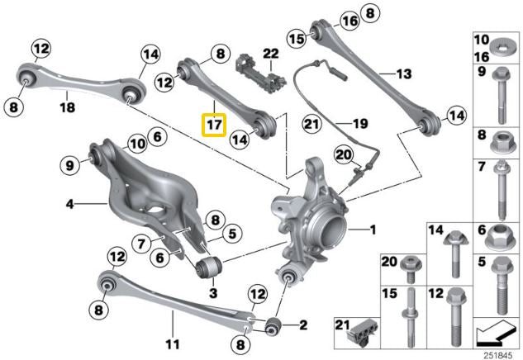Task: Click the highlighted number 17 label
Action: point(214,126)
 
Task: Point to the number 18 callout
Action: point(67,107)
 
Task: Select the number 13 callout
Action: point(402,73)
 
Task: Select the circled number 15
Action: point(297,38)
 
